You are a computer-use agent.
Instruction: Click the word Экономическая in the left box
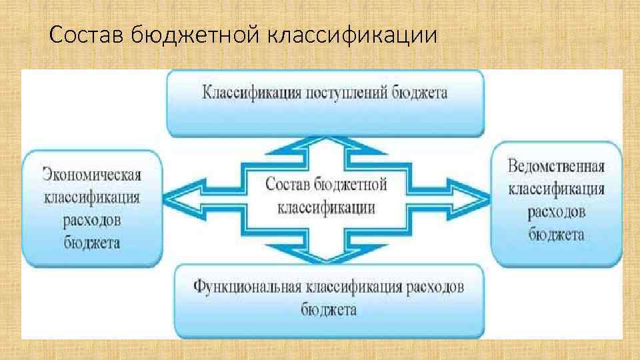(x=92, y=175)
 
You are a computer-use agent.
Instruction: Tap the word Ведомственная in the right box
(x=556, y=166)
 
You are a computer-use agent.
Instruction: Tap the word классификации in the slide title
(x=353, y=34)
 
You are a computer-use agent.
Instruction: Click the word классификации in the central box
(x=326, y=207)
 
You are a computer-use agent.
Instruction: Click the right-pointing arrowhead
(x=475, y=198)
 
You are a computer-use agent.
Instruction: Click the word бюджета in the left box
(x=92, y=243)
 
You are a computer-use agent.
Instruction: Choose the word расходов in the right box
(x=556, y=212)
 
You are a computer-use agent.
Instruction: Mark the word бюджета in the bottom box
(x=328, y=310)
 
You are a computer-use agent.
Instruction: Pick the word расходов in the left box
(x=92, y=220)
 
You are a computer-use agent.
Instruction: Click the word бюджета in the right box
(x=556, y=235)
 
